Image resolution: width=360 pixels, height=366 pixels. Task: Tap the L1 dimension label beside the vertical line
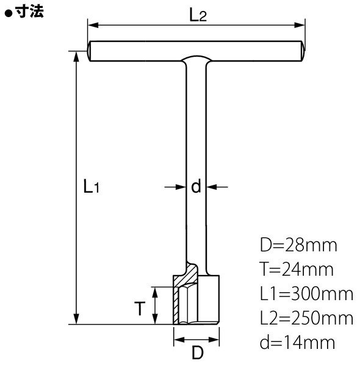pyautogui.click(x=92, y=186)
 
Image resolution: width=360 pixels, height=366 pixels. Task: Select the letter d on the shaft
pyautogui.click(x=196, y=186)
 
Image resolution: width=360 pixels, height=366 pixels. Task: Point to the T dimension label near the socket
pyautogui.click(x=140, y=308)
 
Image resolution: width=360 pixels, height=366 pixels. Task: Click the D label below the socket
pyautogui.click(x=198, y=353)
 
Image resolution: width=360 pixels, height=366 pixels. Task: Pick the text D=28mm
pyautogui.click(x=298, y=245)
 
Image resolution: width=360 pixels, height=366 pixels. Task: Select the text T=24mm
pyautogui.click(x=297, y=270)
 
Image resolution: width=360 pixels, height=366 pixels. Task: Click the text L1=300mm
pyautogui.click(x=306, y=293)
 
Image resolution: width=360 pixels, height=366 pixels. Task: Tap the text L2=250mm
pyautogui.click(x=306, y=318)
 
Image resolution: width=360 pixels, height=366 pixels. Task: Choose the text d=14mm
pyautogui.click(x=297, y=342)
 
